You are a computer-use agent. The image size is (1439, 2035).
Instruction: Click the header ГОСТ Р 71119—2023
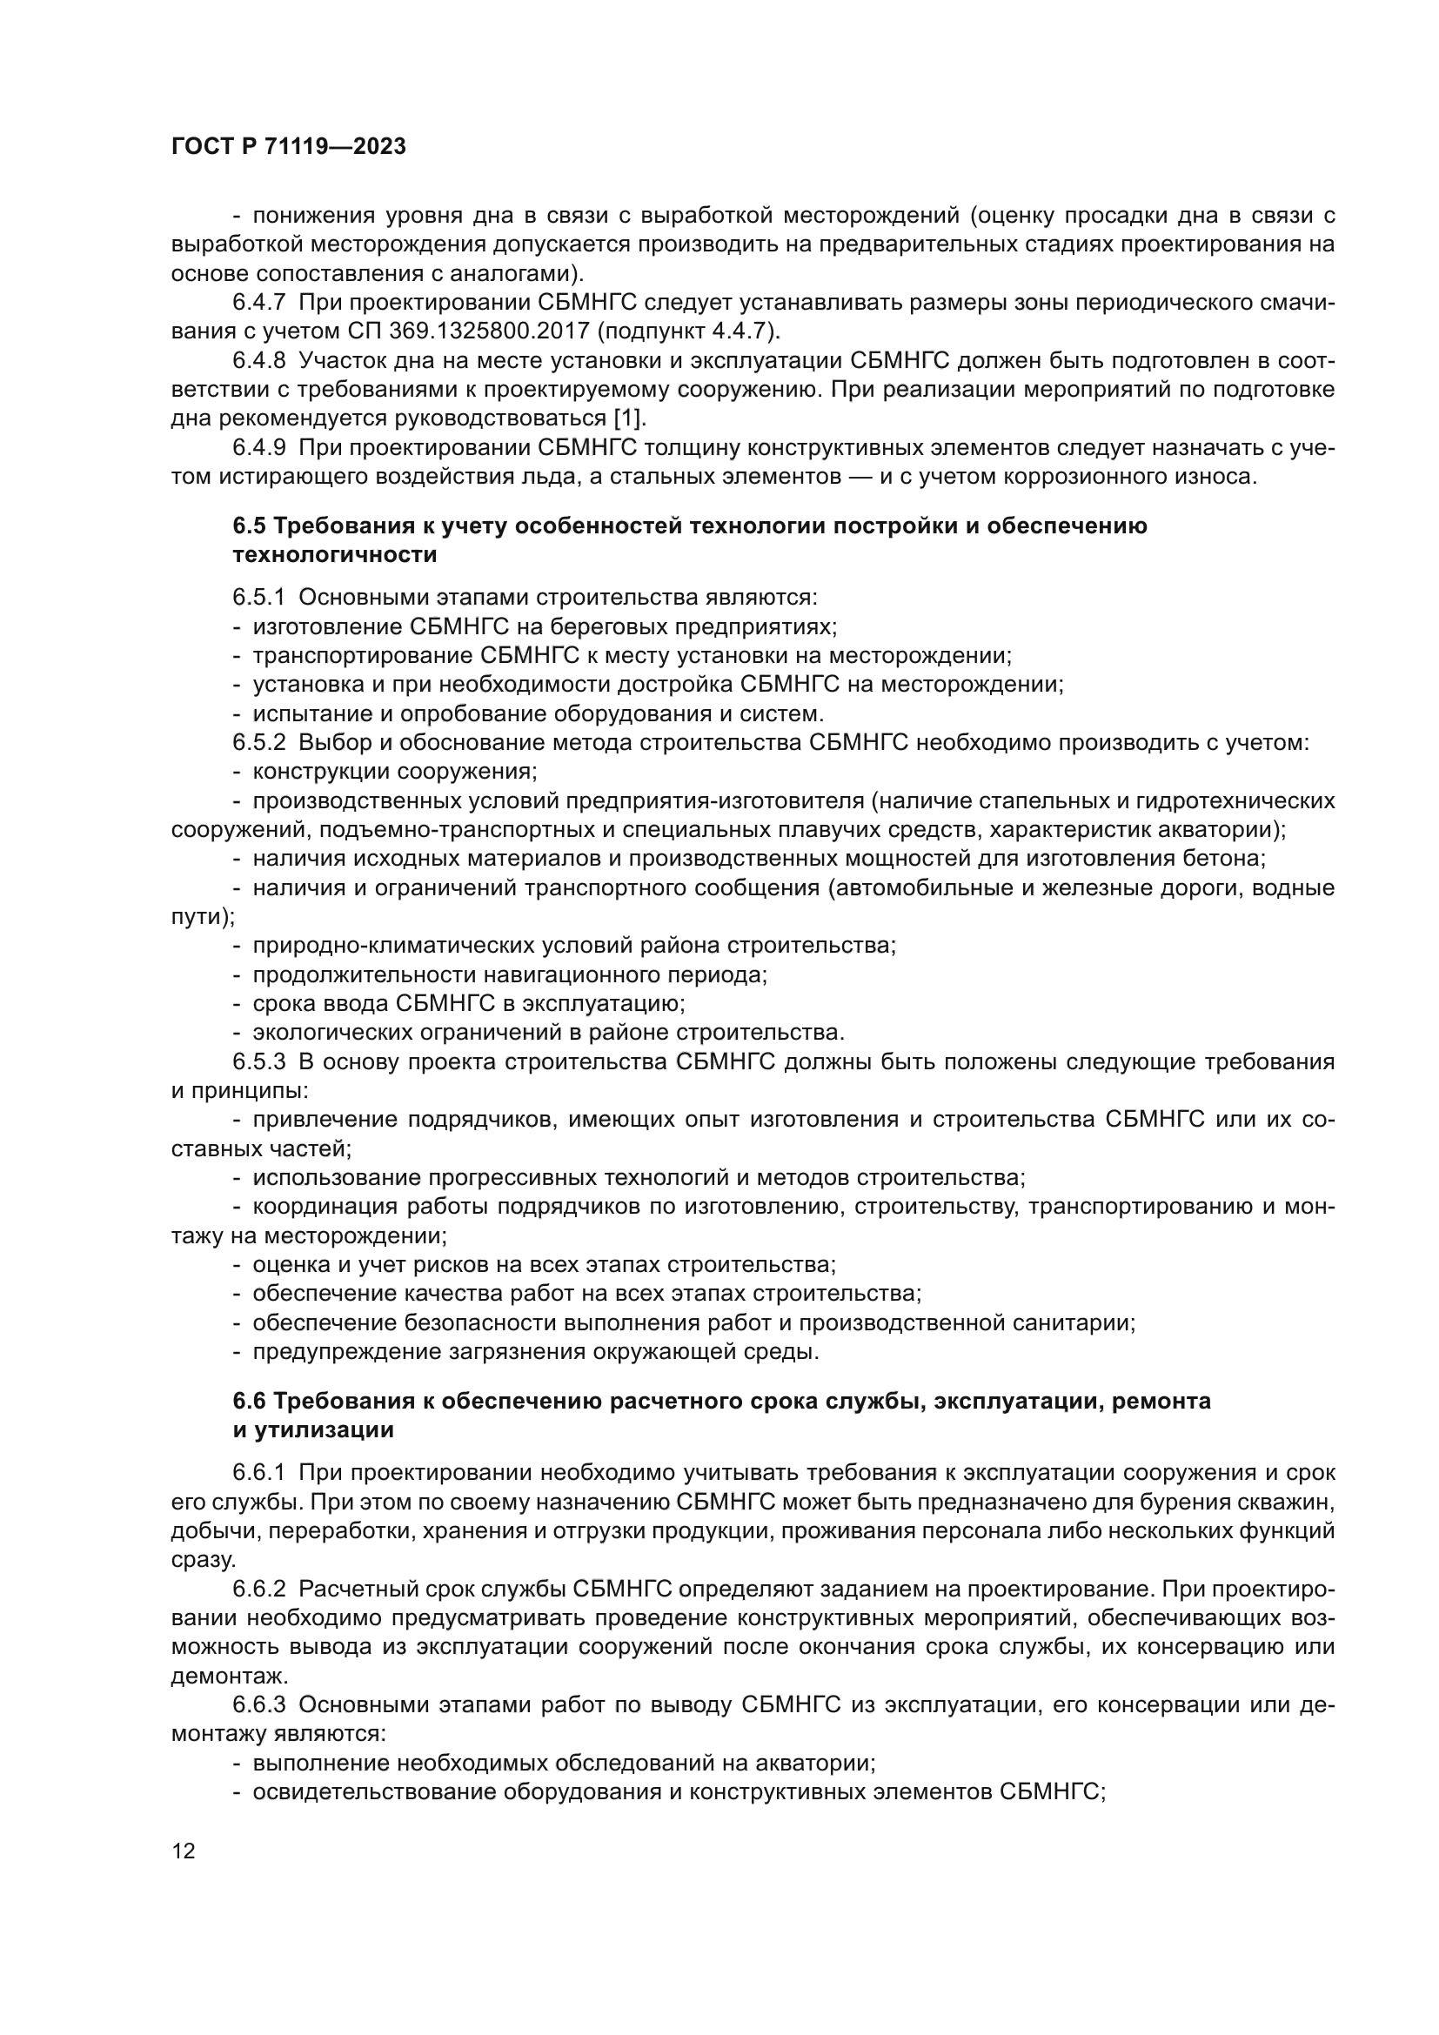tap(288, 147)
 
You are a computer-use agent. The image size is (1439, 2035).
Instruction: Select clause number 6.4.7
tap(258, 302)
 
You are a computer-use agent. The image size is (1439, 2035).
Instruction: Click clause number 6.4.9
tap(258, 447)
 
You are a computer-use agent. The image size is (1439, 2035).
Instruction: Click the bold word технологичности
tap(335, 555)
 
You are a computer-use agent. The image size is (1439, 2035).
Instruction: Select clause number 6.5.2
tap(258, 743)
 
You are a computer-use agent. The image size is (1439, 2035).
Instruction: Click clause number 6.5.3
tap(258, 1061)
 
